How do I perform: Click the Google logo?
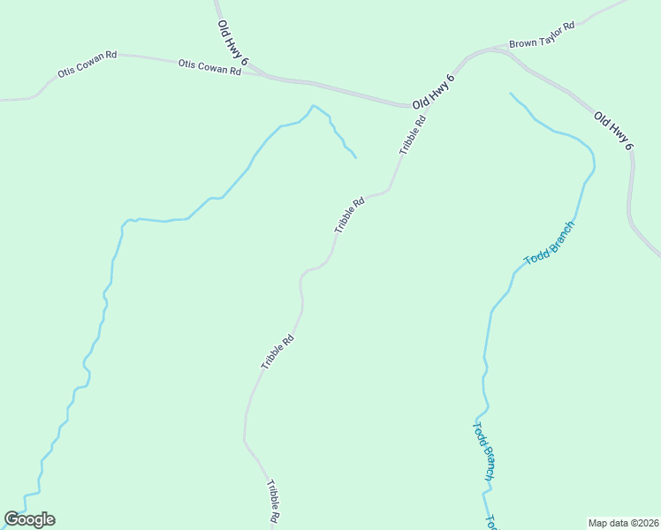click(x=29, y=519)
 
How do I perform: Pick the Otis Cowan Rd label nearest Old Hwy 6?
click(x=209, y=67)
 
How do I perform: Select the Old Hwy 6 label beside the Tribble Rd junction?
click(x=434, y=92)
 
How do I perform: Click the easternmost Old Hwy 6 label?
click(x=614, y=130)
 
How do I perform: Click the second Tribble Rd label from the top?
click(x=350, y=215)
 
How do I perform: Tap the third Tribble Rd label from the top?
click(x=277, y=351)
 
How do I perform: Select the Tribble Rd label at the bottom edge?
click(x=274, y=501)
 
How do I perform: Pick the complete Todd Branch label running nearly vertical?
click(x=482, y=451)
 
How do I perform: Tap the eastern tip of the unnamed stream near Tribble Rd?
click(x=355, y=158)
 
